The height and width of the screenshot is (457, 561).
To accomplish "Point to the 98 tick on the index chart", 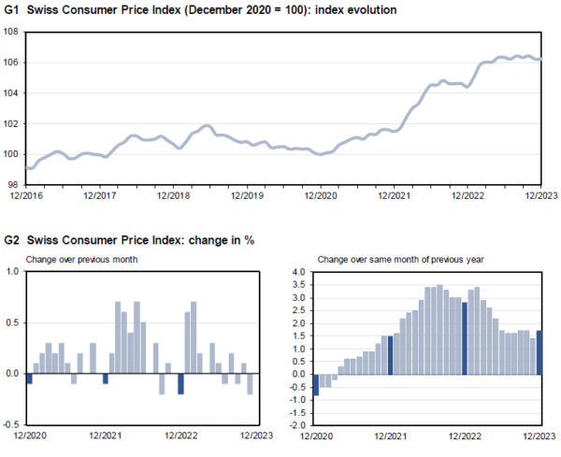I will (15, 184).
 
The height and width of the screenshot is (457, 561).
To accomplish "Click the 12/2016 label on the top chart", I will (25, 195).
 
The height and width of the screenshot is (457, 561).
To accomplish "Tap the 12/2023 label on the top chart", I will (540, 195).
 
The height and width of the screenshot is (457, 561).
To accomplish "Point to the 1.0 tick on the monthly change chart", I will (13, 272).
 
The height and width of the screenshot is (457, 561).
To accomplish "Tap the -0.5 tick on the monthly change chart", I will (11, 424).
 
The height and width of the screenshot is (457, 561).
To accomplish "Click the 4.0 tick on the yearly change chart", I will (299, 272).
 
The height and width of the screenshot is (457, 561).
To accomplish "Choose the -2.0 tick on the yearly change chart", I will (297, 424).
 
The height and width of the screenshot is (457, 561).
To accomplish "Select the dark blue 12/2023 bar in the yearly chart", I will (539, 352).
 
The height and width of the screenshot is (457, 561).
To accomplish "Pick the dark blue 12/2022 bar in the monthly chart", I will (180, 383).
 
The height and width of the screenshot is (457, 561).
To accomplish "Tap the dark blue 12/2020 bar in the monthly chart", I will (30, 378).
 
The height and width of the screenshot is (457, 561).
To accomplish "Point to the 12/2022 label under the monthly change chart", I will (180, 436).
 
